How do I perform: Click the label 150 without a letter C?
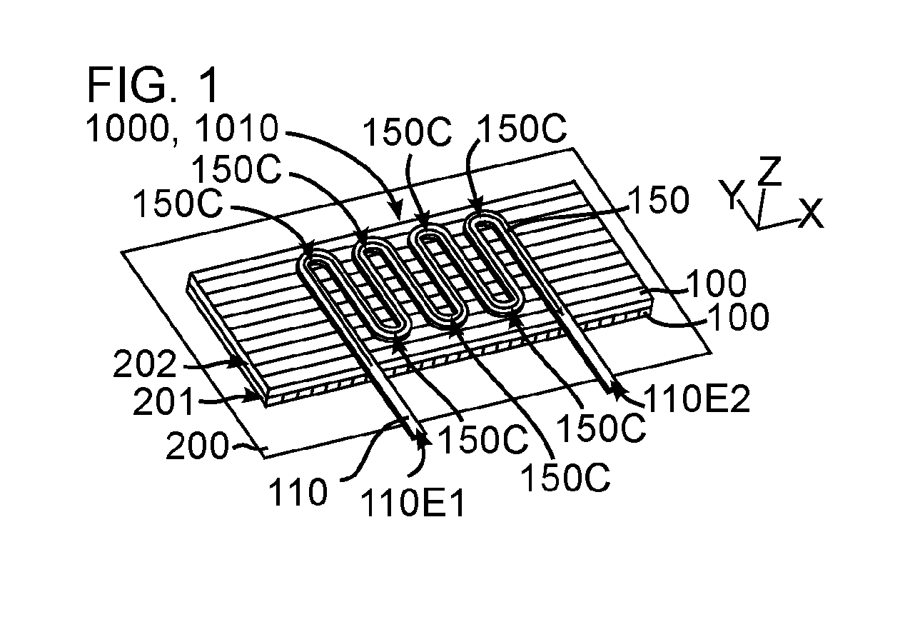click(659, 200)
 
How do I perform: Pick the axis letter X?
click(812, 213)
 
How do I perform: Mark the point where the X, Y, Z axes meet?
click(759, 227)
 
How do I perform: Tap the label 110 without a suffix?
click(298, 492)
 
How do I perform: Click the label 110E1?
click(413, 504)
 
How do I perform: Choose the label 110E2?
click(697, 399)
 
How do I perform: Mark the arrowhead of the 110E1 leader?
click(423, 438)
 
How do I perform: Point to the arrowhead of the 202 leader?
click(241, 363)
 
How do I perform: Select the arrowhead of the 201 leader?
click(256, 396)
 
